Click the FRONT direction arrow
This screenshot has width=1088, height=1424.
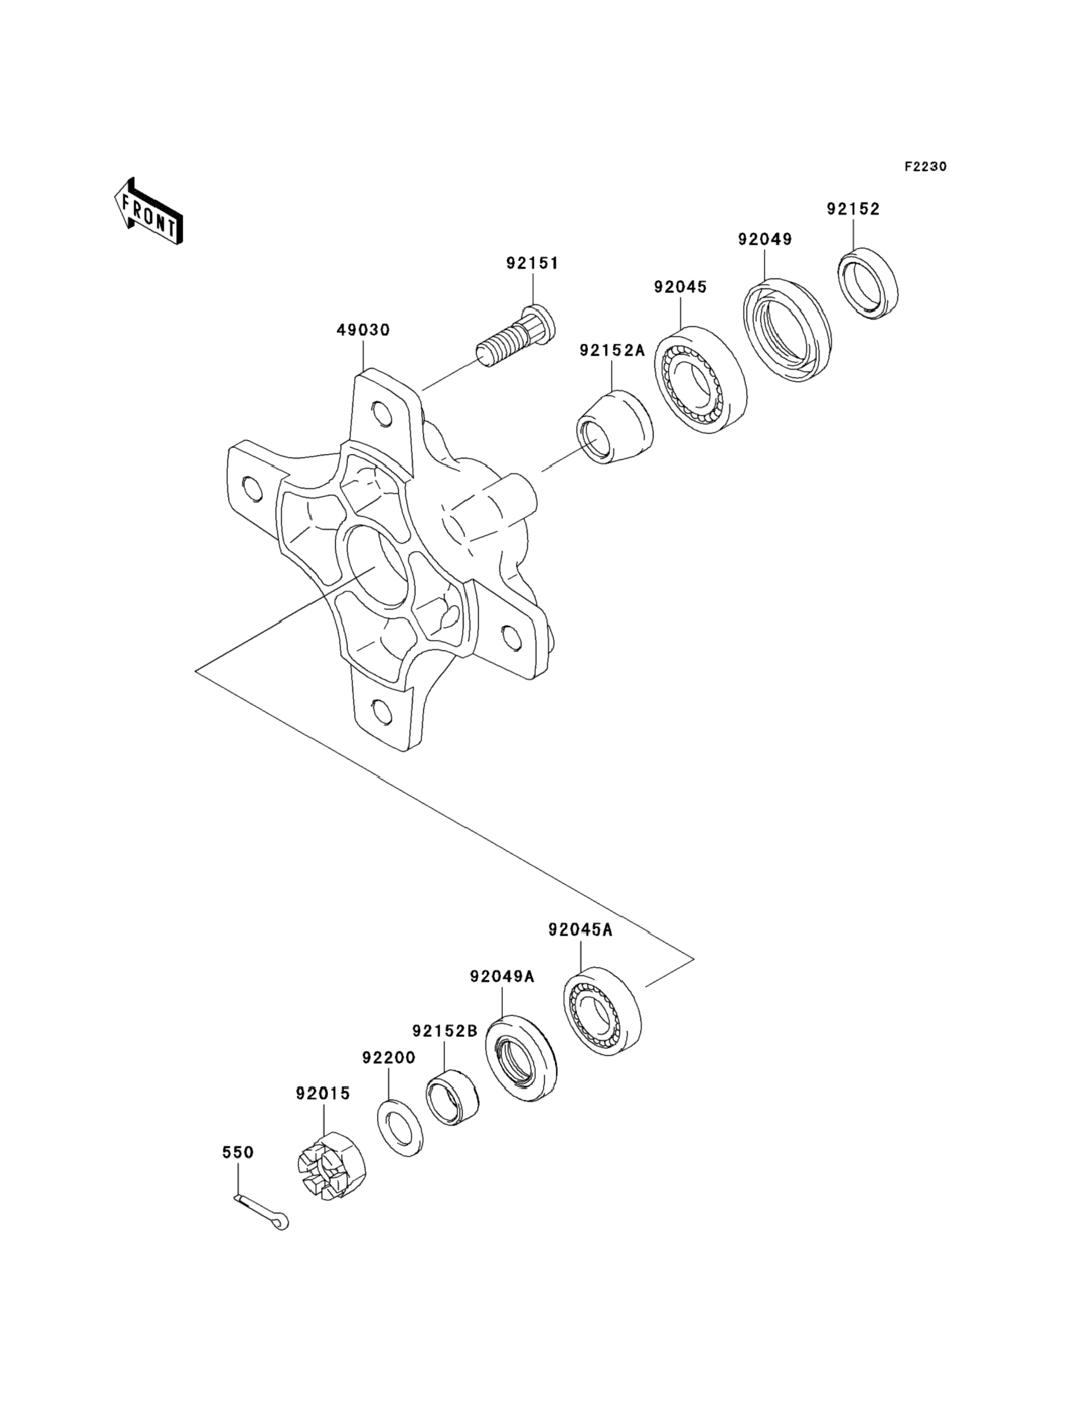point(148,212)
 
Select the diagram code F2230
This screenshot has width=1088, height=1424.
point(925,166)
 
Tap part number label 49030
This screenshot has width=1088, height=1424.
point(362,330)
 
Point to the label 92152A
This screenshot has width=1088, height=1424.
point(612,351)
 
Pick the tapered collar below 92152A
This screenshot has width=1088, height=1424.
point(615,427)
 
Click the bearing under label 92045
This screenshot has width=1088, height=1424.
point(700,379)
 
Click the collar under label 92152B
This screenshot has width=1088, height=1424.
point(452,1096)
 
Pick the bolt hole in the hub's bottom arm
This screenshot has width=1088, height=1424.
point(384,712)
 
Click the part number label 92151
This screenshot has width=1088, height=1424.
point(532,263)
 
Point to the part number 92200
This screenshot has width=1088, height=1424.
point(388,1057)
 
